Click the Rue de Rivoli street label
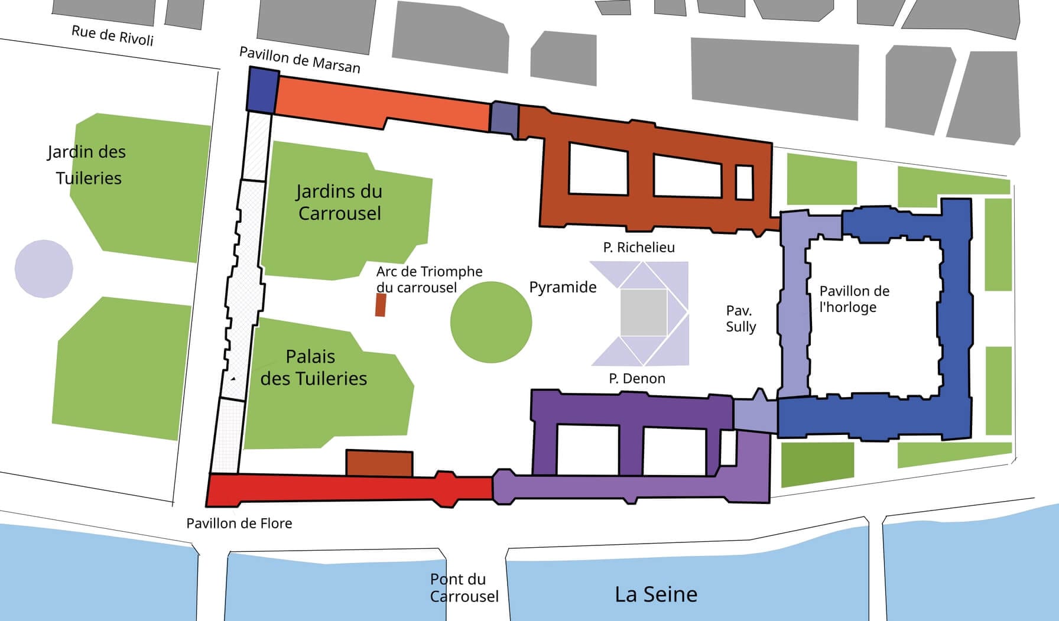pyautogui.click(x=112, y=35)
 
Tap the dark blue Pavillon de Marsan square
pyautogui.click(x=262, y=89)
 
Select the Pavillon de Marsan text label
pyautogui.click(x=300, y=60)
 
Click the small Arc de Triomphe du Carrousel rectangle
pyautogui.click(x=381, y=304)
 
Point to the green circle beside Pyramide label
pyautogui.click(x=490, y=322)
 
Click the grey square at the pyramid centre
pyautogui.click(x=644, y=313)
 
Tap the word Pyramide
pyautogui.click(x=563, y=287)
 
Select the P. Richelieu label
pyautogui.click(x=639, y=247)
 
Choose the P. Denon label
pyautogui.click(x=637, y=378)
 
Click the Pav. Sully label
pyautogui.click(x=740, y=318)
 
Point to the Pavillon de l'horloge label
pyautogui.click(x=854, y=299)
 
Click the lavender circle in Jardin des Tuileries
pyautogui.click(x=44, y=269)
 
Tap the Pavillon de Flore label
pyautogui.click(x=239, y=524)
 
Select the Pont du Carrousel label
pyautogui.click(x=464, y=588)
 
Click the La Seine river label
pyautogui.click(x=656, y=594)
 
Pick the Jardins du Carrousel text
pyautogui.click(x=339, y=202)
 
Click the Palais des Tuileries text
pyautogui.click(x=313, y=368)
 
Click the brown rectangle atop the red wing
pyautogui.click(x=379, y=464)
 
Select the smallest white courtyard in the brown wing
pyautogui.click(x=744, y=183)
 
